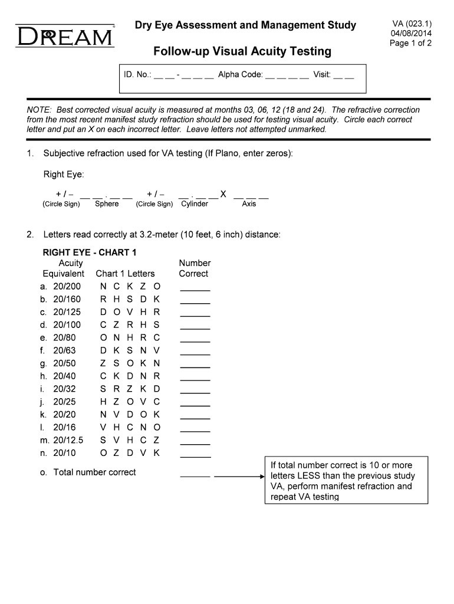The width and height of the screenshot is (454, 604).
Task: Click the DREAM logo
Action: (x=65, y=37)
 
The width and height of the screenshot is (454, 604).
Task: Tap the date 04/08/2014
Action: (x=412, y=34)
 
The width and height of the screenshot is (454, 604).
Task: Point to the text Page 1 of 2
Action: (x=411, y=43)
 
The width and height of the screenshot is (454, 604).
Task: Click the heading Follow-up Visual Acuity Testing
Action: (x=242, y=52)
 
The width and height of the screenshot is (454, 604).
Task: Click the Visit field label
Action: (x=321, y=75)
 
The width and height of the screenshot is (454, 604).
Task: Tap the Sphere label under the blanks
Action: (x=107, y=204)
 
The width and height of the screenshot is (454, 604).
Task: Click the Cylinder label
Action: (x=195, y=204)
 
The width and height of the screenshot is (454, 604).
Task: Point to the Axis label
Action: (x=249, y=204)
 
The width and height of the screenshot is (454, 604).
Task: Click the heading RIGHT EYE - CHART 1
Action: (x=90, y=252)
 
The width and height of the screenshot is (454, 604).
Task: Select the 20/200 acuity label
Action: (x=67, y=286)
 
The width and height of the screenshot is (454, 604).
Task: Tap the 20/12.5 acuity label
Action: (x=68, y=440)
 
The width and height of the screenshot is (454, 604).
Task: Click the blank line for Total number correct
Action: (x=195, y=475)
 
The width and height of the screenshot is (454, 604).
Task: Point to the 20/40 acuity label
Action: (x=64, y=376)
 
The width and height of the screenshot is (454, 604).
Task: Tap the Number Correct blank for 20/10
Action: (x=195, y=455)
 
